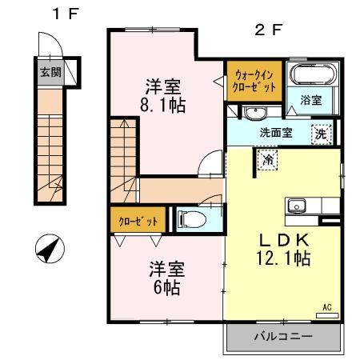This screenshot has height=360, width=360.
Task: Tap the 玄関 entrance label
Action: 50,71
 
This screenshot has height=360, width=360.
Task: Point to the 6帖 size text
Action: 166,286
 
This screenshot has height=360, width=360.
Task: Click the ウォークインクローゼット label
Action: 254,81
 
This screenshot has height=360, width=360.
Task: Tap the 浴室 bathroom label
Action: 311,101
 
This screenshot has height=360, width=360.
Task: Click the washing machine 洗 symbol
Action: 322,134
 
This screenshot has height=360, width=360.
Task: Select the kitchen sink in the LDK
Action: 297,206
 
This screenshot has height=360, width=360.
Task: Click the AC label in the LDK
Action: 326,306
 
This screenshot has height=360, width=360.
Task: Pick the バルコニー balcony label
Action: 284,337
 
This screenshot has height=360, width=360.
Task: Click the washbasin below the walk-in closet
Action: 254,111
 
